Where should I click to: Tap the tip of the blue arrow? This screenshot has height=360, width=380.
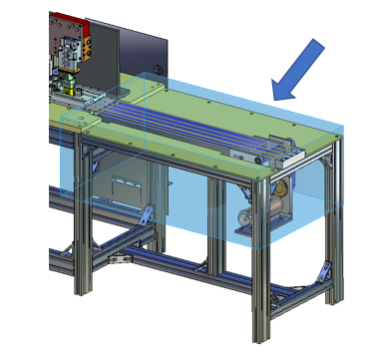[276, 97]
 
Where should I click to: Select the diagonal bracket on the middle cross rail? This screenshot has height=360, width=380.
[146, 213]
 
